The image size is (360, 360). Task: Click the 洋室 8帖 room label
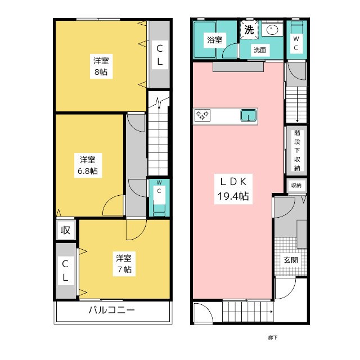pos(101,66)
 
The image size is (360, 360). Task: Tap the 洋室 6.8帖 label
pos(88,165)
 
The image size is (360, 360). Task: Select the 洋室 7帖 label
pos(124,264)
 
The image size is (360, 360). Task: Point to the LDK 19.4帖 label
pos(233,189)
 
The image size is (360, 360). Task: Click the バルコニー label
pos(112,310)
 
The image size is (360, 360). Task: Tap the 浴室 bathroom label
pos(215,40)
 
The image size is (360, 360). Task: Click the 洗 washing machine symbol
pos(249,30)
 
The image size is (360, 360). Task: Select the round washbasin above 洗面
pos(272,30)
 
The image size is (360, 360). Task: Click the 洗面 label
pos(260,50)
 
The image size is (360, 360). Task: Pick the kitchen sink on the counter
pos(249,115)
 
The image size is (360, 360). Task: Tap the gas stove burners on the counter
pos(202,115)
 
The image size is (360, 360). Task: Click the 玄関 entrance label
pos(291,260)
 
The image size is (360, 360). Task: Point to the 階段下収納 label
pos(297,150)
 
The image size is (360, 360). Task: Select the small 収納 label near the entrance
pos(296,186)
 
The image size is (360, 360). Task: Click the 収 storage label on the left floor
pos(65,230)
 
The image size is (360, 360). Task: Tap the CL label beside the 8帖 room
pos(160,55)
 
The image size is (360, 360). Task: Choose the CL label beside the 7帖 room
pos(65,271)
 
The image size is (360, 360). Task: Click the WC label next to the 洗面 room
pos(296,43)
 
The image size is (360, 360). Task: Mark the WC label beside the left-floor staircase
pos(159,187)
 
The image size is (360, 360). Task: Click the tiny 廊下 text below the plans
pos(273,337)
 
